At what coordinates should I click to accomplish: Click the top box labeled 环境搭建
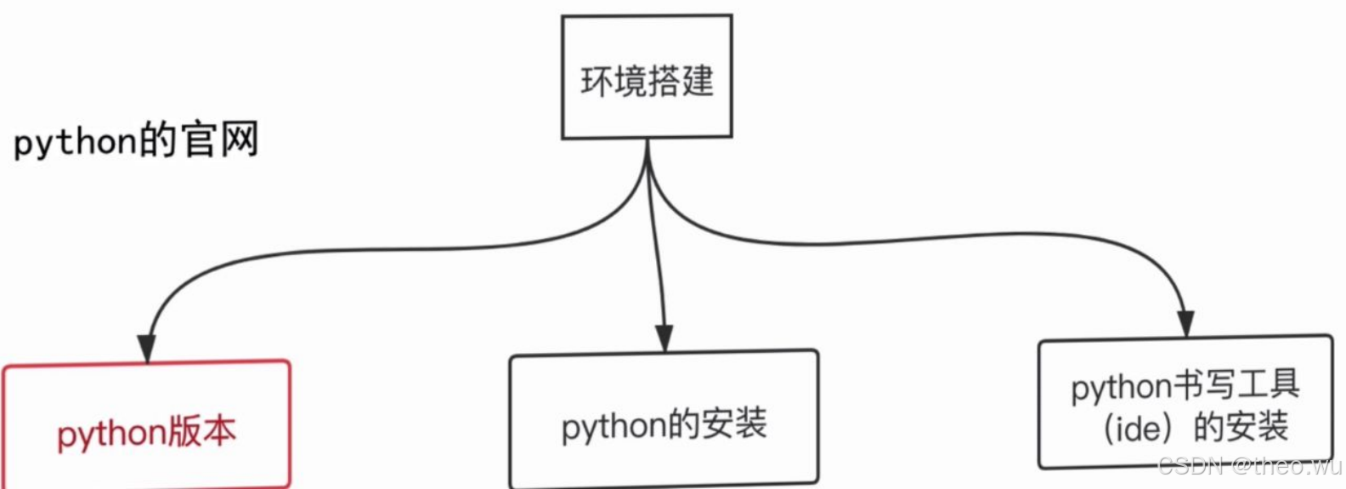point(647,77)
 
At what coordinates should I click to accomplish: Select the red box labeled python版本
point(146,425)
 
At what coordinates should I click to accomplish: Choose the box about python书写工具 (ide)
point(1185,402)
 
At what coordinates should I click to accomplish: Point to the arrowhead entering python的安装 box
point(665,338)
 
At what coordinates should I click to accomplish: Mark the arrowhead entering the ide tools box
point(1186,324)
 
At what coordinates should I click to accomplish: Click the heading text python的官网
point(136,140)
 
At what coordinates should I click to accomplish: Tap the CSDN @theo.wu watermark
point(1250,465)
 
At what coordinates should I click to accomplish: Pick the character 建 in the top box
point(697,82)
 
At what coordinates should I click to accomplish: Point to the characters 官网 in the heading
point(220,139)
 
